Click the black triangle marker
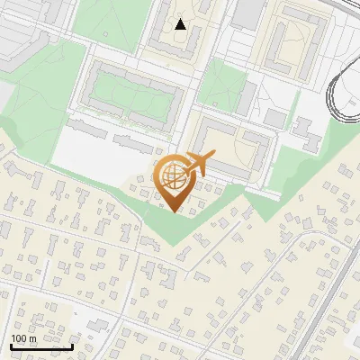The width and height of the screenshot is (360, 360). pos(181,24)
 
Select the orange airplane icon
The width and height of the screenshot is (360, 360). pos(200,163)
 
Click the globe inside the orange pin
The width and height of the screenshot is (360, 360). pos(172,176)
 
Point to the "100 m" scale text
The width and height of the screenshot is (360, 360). pos(24,338)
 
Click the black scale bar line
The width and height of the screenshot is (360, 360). pos(41,346)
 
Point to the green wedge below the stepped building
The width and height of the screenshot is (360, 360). pos(288,166)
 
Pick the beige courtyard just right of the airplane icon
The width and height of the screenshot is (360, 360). pos(236,148)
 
